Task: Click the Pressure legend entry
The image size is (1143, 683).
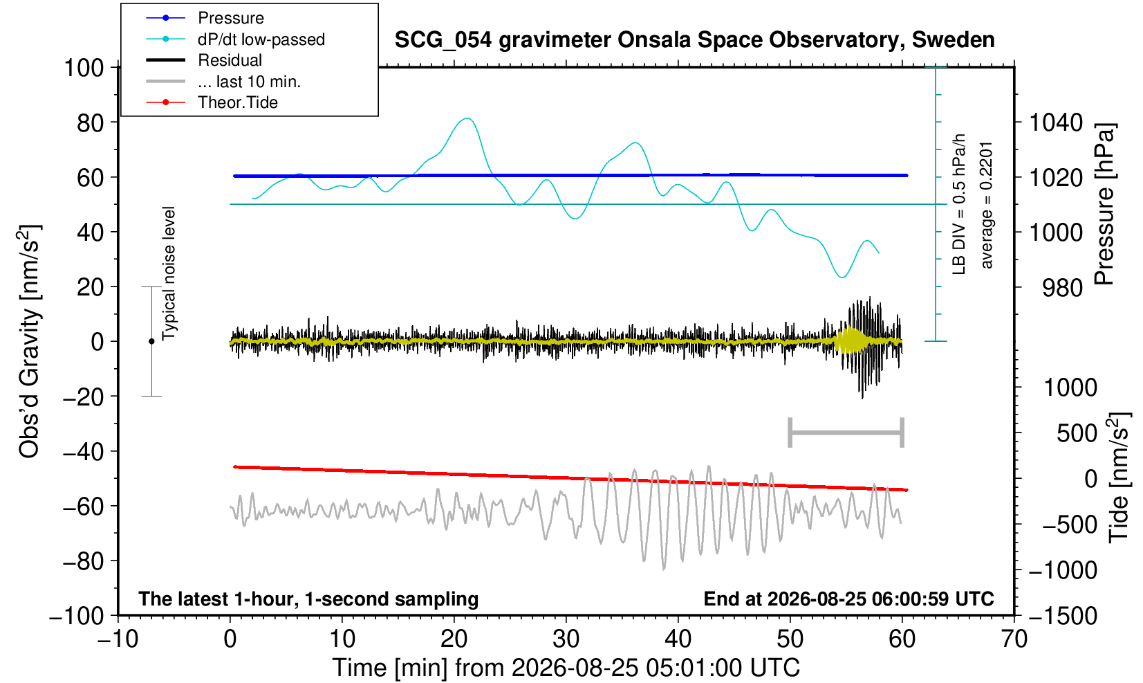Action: point(205,19)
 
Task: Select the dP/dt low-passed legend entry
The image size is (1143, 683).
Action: point(235,39)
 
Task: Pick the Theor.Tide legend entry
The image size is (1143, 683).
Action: point(212,102)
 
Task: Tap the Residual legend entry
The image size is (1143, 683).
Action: point(204,60)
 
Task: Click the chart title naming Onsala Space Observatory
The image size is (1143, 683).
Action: point(694,40)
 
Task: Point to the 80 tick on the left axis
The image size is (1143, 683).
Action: point(91,123)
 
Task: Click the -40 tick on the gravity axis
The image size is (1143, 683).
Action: point(83,452)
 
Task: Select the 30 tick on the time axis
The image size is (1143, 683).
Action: point(566,639)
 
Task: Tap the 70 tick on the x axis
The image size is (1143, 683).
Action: point(1014,639)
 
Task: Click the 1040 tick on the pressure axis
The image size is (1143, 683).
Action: point(1055,123)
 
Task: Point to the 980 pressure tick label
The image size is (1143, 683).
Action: point(1062,288)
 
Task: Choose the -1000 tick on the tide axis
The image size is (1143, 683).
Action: point(1063,570)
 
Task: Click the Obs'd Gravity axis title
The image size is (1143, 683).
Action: point(30,341)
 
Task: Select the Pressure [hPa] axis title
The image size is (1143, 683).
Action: point(1104,204)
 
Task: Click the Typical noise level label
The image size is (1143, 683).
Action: point(169,274)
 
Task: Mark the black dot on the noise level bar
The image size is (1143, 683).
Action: point(151,341)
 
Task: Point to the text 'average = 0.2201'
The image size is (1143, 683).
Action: point(986,206)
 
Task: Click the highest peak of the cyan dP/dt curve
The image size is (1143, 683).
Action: point(467,118)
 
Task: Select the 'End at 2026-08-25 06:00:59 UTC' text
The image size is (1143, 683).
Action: point(848,599)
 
